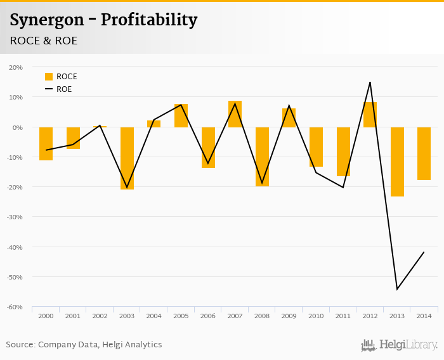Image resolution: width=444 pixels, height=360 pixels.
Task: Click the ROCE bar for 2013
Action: pyautogui.click(x=397, y=162)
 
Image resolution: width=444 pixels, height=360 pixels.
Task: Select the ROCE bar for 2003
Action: pyautogui.click(x=127, y=158)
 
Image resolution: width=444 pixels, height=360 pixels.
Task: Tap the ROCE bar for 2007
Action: pyautogui.click(x=235, y=114)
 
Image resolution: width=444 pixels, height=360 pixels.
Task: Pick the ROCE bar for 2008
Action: pyautogui.click(x=262, y=157)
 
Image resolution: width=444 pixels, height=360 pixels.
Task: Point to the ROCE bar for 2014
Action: pyautogui.click(x=424, y=153)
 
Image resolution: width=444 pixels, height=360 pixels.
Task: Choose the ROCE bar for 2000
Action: pyautogui.click(x=46, y=143)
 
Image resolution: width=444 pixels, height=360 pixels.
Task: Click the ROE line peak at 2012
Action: pyautogui.click(x=370, y=82)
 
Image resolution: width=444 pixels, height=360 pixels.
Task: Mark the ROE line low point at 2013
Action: pyautogui.click(x=397, y=289)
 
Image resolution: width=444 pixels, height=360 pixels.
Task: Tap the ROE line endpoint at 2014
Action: pyautogui.click(x=424, y=252)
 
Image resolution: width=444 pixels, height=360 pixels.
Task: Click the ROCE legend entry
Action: pyautogui.click(x=61, y=77)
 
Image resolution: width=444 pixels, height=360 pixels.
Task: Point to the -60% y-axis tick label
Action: pyautogui.click(x=15, y=307)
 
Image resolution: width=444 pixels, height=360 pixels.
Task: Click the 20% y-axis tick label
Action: pyautogui.click(x=16, y=67)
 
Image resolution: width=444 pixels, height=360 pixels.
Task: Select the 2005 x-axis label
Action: pyautogui.click(x=181, y=316)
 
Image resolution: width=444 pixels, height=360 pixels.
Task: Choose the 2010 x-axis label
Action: pyautogui.click(x=316, y=316)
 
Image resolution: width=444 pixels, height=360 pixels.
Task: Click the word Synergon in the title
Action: pyautogui.click(x=46, y=20)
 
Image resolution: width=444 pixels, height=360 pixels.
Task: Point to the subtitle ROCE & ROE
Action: pyautogui.click(x=43, y=41)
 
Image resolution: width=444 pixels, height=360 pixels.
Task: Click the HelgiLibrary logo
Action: pyautogui.click(x=399, y=345)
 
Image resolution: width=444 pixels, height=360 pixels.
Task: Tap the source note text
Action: pyautogui.click(x=84, y=345)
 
